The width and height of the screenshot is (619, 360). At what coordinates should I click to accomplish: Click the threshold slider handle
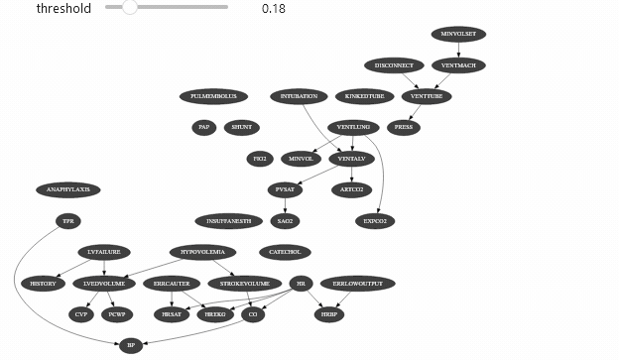click(130, 8)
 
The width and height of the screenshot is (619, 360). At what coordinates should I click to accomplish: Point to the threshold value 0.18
click(274, 9)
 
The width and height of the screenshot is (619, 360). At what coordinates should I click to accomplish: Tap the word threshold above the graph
click(63, 9)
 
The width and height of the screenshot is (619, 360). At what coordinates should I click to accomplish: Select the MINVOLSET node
click(458, 34)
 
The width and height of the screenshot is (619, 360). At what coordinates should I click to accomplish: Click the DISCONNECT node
click(394, 65)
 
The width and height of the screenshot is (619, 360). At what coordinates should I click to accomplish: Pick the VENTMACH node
click(458, 65)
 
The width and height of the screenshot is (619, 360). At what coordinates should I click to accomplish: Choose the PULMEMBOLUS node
click(213, 96)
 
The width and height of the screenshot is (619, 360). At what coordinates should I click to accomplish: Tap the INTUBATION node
click(299, 96)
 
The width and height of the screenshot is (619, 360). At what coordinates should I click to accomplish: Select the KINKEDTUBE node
click(364, 96)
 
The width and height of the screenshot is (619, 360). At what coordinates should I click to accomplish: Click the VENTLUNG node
click(352, 127)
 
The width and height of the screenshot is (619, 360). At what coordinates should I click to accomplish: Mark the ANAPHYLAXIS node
click(67, 189)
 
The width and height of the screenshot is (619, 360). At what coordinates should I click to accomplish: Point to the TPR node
click(67, 220)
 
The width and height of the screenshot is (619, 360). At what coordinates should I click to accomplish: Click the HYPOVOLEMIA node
click(202, 252)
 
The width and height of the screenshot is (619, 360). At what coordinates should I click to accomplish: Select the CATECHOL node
click(285, 252)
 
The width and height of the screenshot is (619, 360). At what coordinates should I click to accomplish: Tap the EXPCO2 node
click(375, 220)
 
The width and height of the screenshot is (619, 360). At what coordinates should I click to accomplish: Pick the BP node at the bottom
click(130, 345)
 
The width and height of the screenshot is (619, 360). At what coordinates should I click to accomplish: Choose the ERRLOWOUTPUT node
click(357, 284)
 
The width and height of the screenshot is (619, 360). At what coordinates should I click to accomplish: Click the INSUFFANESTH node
click(229, 220)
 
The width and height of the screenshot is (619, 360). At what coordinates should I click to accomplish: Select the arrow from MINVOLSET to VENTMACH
click(458, 50)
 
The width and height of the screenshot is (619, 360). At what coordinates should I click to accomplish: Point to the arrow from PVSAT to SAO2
click(286, 205)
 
